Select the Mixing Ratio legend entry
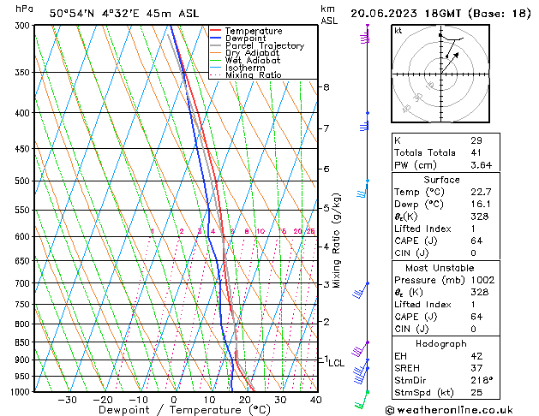[253, 75]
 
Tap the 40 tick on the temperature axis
[315, 400]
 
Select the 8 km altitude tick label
[326, 87]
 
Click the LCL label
[336, 363]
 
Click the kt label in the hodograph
[398, 31]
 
